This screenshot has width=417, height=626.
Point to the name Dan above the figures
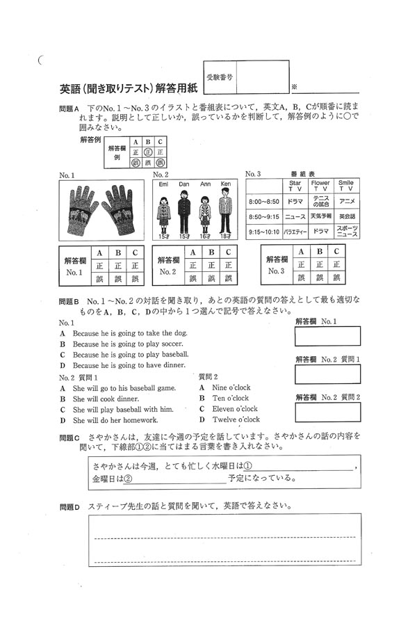click(x=183, y=184)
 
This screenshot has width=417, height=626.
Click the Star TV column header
click(x=295, y=185)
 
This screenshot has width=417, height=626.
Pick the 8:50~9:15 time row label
click(x=263, y=217)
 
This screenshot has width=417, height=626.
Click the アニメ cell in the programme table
click(x=347, y=202)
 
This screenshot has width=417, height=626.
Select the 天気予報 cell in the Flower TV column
click(x=320, y=217)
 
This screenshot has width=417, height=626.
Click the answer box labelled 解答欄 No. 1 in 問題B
click(x=327, y=337)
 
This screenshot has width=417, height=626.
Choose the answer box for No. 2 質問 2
click(x=327, y=412)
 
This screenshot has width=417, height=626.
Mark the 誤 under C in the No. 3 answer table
click(x=336, y=278)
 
